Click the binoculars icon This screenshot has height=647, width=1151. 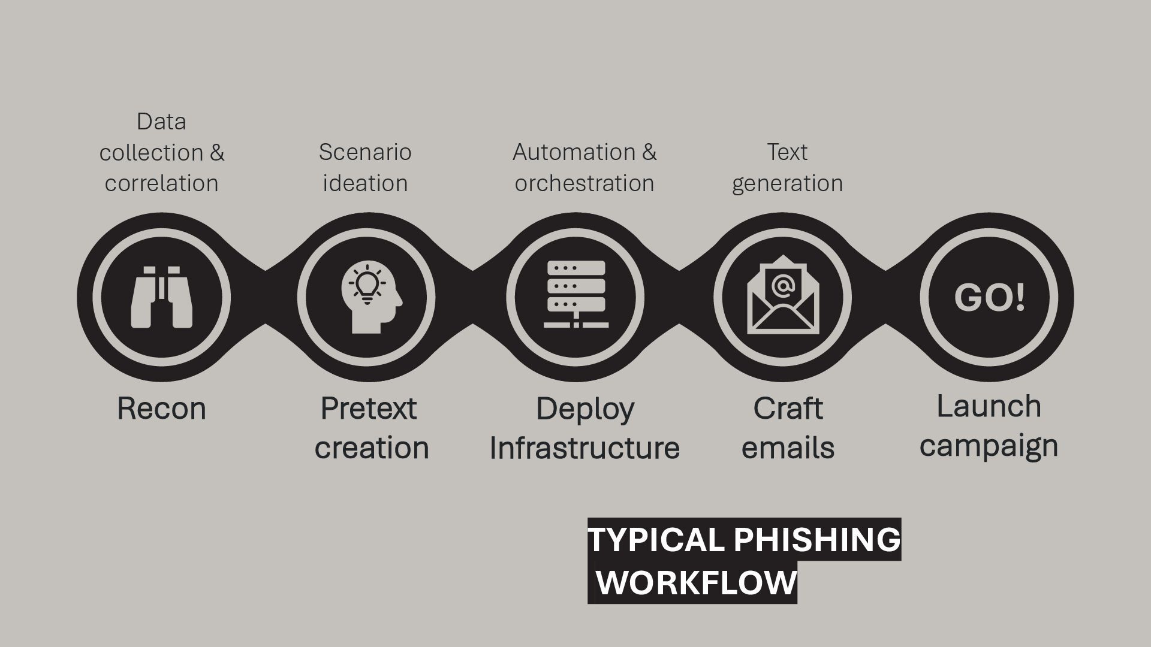[x=162, y=297]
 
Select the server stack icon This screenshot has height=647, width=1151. [x=576, y=294]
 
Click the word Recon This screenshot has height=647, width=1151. [x=161, y=409]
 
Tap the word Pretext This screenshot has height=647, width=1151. [x=368, y=409]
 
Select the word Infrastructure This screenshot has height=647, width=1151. [x=584, y=448]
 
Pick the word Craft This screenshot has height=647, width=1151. [x=788, y=409]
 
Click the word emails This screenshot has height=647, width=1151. [x=788, y=448]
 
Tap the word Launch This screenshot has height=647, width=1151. [x=989, y=406]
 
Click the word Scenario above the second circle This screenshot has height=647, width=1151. [x=365, y=152]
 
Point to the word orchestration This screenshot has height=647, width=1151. [x=584, y=183]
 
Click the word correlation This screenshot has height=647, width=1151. [x=161, y=183]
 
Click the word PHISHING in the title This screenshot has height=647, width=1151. [x=816, y=539]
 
